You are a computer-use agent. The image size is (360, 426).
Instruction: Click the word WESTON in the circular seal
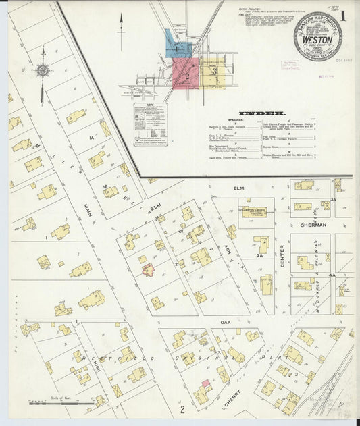pyautogui.click(x=317, y=41)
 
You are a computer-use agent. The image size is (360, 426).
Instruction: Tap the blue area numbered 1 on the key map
pyautogui.click(x=178, y=46)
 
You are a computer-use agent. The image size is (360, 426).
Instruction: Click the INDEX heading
pyautogui.click(x=261, y=114)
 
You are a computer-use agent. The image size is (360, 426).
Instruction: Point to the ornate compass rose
pyautogui.click(x=43, y=69)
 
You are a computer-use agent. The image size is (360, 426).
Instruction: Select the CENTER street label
pyautogui.click(x=282, y=247)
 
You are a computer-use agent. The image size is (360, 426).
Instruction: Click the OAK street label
pyautogui.click(x=225, y=323)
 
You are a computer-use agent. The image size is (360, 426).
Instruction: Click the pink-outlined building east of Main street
pyautogui.click(x=148, y=270)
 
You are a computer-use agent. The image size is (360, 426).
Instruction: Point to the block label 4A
pyautogui.click(x=332, y=275)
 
